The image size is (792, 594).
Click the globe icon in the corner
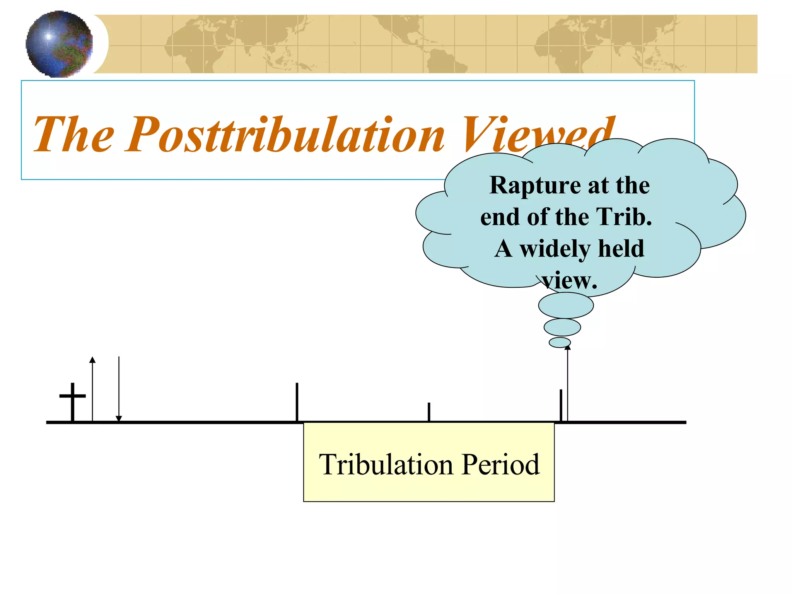[59, 44]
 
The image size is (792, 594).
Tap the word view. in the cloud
[569, 280]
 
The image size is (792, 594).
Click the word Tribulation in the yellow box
[386, 464]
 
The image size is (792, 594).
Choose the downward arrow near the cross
[119, 389]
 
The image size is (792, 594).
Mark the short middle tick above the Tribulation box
[429, 412]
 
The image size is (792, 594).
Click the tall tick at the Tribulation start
[297, 402]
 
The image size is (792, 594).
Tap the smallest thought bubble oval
[560, 342]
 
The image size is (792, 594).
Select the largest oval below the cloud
[566, 306]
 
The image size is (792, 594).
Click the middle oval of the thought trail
[562, 327]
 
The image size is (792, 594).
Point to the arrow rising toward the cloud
[567, 383]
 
